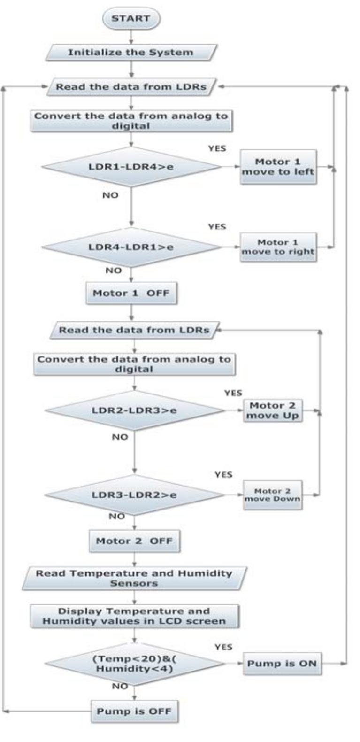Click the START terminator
(131, 19)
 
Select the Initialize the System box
(131, 52)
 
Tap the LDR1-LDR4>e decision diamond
(131, 167)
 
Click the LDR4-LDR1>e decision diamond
(131, 247)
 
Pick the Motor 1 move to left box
(278, 167)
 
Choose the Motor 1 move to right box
(278, 247)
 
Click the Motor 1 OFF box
(131, 293)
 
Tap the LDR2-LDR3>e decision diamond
(134, 410)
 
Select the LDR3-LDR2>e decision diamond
(134, 495)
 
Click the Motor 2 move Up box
(272, 410)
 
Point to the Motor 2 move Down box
(272, 495)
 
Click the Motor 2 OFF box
(134, 541)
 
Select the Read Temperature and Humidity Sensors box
(134, 578)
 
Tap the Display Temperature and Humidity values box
(134, 616)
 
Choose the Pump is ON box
(282, 664)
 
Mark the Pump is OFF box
(134, 711)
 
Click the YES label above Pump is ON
(223, 647)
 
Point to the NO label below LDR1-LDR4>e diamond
(110, 195)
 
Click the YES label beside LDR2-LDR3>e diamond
(233, 393)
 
